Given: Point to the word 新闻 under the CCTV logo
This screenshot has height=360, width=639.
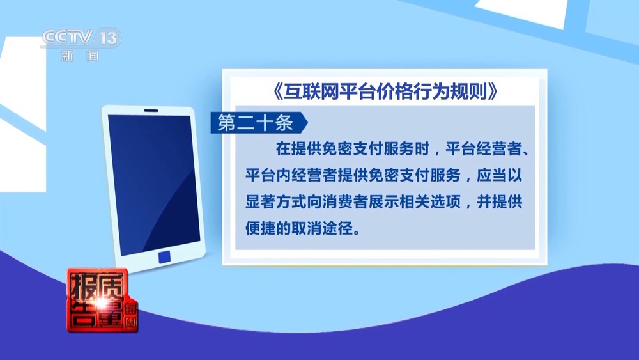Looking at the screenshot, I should pyautogui.click(x=81, y=56).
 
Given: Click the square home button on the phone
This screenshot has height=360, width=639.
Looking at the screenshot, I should pyautogui.click(x=164, y=256).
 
